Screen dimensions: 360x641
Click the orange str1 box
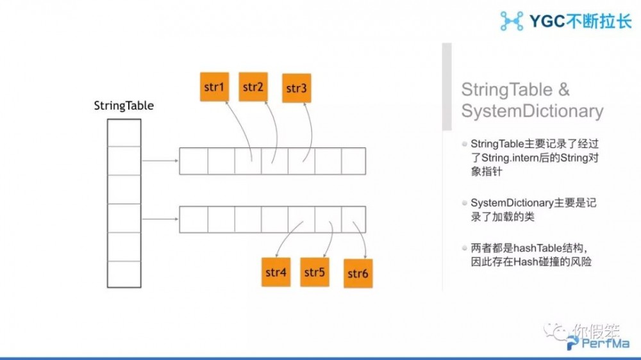214,86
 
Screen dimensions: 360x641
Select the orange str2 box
253,86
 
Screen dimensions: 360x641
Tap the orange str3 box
296,88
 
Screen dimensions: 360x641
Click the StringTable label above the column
124,106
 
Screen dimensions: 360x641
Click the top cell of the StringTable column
124,133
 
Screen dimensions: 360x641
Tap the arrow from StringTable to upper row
160,161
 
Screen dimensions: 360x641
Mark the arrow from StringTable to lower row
160,219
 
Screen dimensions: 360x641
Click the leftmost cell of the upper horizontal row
193,161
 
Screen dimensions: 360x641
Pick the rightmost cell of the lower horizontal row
353,219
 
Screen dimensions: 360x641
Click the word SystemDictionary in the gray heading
532,111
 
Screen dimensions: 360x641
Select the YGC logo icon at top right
512,20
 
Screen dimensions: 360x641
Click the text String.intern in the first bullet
508,157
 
